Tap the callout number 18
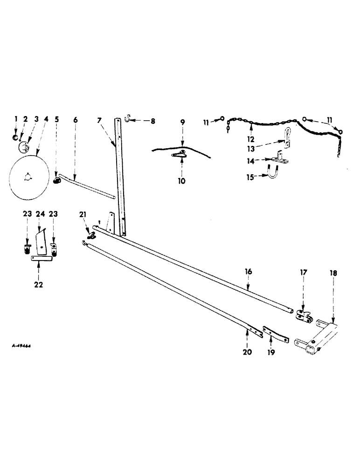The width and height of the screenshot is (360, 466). (x=335, y=273)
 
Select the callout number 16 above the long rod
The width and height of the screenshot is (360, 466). (x=248, y=270)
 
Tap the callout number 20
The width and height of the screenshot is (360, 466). (x=247, y=352)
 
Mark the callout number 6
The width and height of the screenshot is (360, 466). (x=76, y=120)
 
